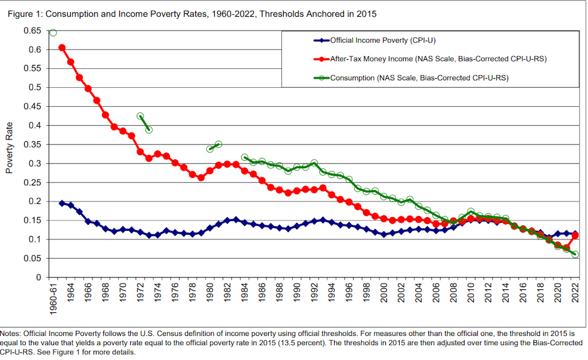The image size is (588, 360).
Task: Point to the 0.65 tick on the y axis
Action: point(33,30)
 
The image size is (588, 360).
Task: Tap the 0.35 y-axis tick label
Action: point(33,144)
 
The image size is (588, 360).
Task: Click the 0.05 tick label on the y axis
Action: point(33,258)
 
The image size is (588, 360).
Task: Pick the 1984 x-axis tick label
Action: point(245,295)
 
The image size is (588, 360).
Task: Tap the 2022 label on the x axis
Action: point(575,295)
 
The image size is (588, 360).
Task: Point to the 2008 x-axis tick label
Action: point(453,295)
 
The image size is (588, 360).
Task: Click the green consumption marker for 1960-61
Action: point(53,32)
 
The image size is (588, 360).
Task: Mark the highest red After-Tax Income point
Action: point(62,48)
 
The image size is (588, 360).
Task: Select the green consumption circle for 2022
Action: point(575,254)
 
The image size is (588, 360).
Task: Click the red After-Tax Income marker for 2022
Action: point(575,235)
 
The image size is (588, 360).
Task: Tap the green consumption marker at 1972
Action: point(140,116)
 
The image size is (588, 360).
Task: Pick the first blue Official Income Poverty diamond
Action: point(62,203)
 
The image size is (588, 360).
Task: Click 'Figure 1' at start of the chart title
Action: point(24,13)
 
